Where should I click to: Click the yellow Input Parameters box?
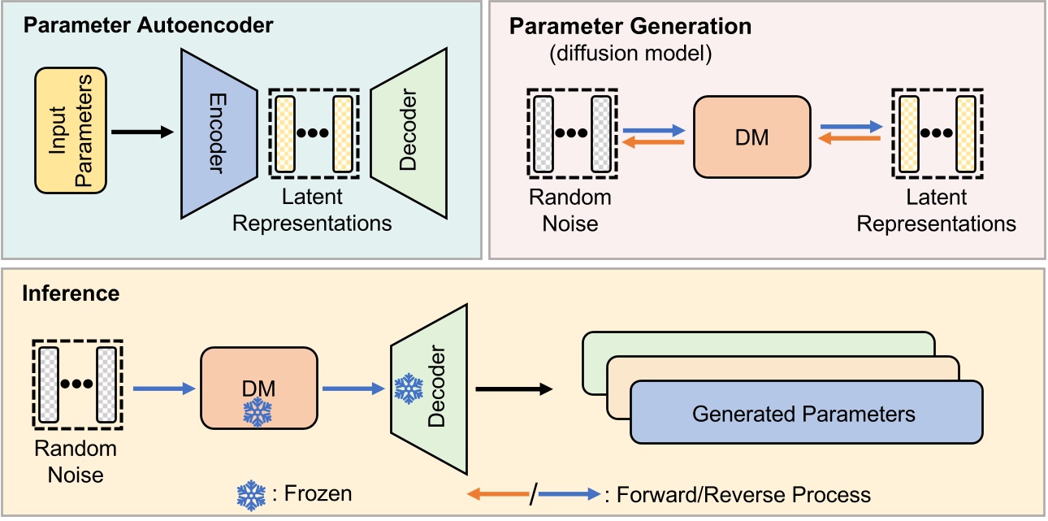point(71,130)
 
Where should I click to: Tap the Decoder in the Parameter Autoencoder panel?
point(409,132)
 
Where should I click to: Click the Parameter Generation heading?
point(630,26)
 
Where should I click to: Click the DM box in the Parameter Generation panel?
point(751,137)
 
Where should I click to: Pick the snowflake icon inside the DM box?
point(258,413)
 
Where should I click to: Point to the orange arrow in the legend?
point(497,494)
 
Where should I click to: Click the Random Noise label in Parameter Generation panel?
point(569,210)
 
